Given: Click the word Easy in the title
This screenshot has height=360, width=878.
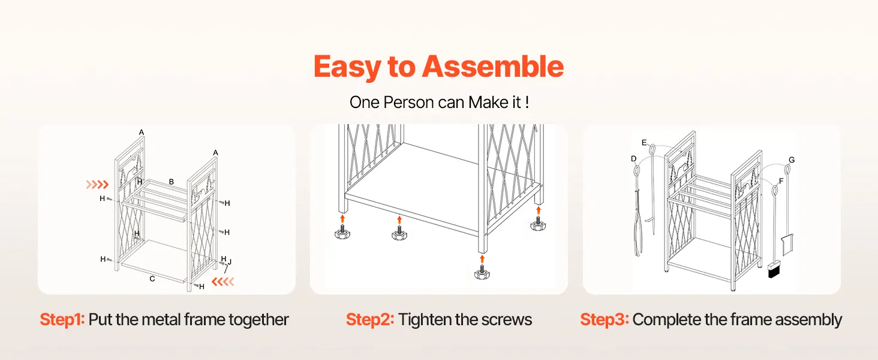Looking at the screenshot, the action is (x=347, y=67).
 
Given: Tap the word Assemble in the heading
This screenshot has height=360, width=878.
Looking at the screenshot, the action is (x=493, y=66).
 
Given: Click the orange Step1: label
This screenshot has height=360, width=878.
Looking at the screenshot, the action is (x=62, y=320).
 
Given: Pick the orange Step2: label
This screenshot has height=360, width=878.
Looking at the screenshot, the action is (x=370, y=320).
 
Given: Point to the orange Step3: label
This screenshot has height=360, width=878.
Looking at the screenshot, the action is (x=605, y=320).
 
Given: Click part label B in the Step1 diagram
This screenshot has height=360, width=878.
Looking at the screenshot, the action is (x=172, y=182).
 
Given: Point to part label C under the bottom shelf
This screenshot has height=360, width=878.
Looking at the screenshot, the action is (x=152, y=279).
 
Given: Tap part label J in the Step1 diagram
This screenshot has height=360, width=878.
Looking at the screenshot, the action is (x=230, y=262).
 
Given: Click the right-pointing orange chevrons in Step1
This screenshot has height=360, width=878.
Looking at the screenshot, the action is (x=97, y=184).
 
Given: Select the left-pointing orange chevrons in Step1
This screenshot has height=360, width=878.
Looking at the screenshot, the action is (x=222, y=281).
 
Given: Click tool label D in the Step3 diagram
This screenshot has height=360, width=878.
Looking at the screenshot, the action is (x=634, y=159).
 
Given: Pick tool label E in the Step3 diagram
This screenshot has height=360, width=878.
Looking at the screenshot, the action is (x=644, y=143).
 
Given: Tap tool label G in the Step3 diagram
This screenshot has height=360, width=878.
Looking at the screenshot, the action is (x=792, y=160).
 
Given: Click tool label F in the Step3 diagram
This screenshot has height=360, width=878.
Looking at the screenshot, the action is (x=781, y=181).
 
